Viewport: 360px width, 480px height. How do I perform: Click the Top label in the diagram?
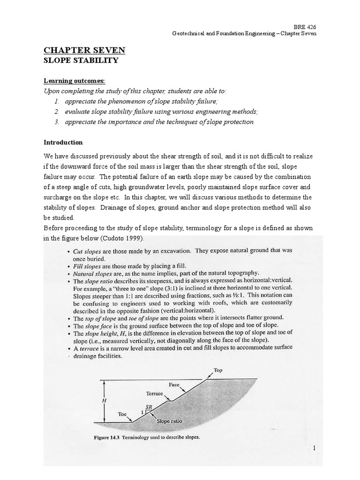(217, 369)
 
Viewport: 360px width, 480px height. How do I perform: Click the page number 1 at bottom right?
(315, 449)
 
